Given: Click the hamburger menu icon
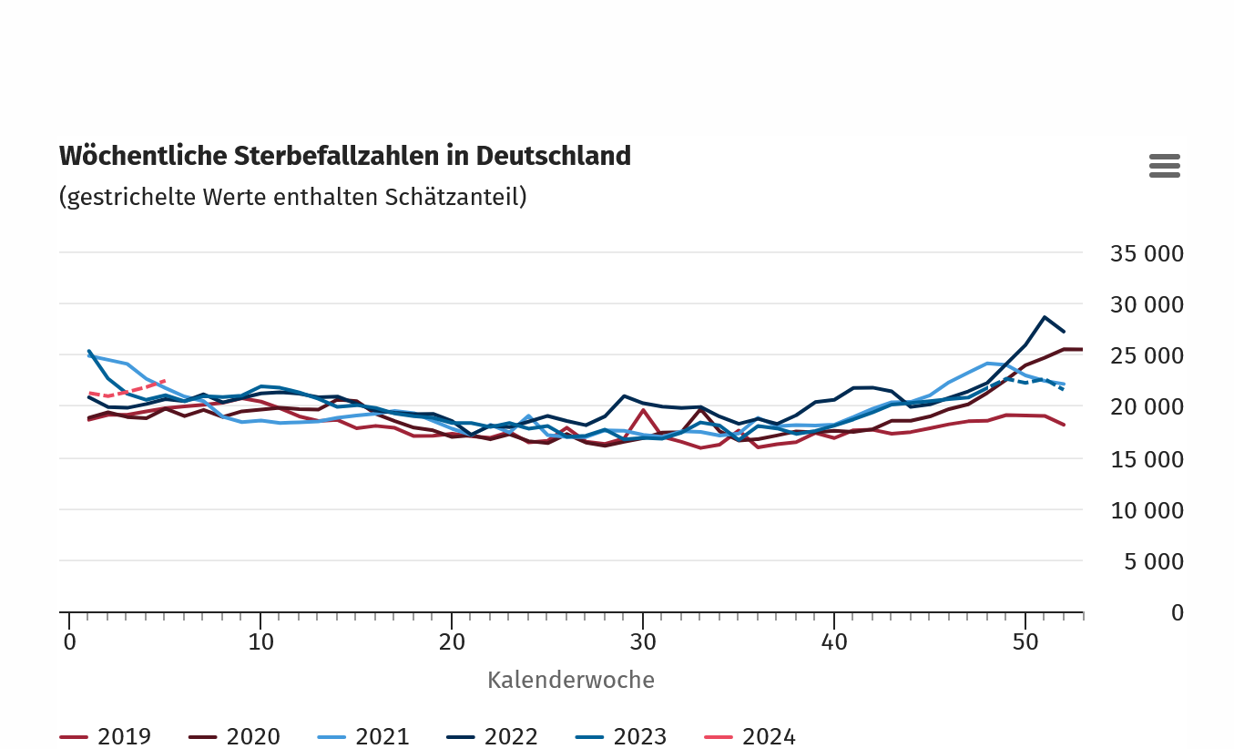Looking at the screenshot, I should pos(1165,166).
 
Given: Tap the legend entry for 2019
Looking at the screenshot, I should pos(106,736).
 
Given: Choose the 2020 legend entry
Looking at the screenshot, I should pos(235,736).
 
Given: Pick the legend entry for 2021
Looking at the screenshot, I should pos(364,736).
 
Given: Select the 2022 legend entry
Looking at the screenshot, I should pos(493,736).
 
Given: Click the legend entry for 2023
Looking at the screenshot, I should pos(622,736).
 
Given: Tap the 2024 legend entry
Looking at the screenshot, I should pos(751,736).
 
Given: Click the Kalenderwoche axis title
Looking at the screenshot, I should pos(571,680).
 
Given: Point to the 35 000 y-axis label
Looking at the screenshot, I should pos(1147,253).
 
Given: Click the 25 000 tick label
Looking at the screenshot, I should pos(1147,356).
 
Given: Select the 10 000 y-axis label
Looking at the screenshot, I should pos(1147,510).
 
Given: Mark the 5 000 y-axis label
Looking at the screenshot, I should pos(1154,562).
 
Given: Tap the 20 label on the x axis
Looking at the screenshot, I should pos(452,641).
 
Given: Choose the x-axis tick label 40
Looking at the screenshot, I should pos(834,641).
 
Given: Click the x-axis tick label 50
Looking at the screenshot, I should pos(1025,641).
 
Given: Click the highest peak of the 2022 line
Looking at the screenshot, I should pos(1045,317).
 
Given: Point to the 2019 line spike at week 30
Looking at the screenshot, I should pos(644,410).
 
